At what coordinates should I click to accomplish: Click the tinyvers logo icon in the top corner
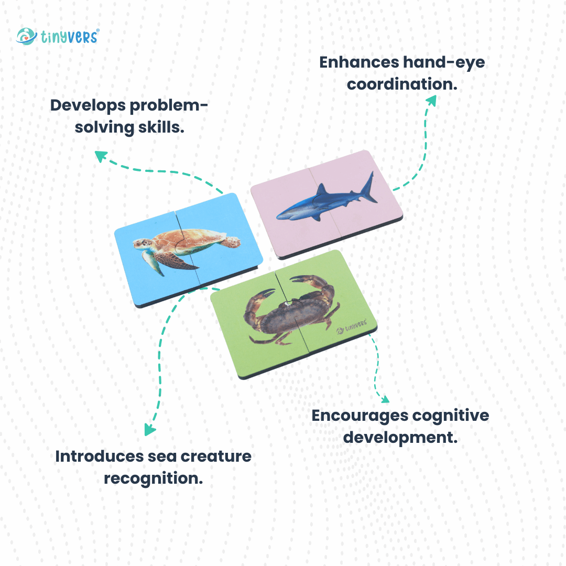(x=26, y=36)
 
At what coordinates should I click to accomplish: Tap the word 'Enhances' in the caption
(x=359, y=62)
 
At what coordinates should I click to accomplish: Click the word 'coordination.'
(x=402, y=84)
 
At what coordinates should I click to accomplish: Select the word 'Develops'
(x=88, y=106)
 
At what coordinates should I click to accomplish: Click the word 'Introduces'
(x=99, y=456)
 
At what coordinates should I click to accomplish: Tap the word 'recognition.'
(x=154, y=478)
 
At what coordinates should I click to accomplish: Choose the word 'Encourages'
(x=360, y=416)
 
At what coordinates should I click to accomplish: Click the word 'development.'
(x=400, y=438)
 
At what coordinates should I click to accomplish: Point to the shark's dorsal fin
(x=321, y=190)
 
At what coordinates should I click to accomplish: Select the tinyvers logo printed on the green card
(x=352, y=326)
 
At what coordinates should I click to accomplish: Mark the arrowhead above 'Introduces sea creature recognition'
(x=149, y=430)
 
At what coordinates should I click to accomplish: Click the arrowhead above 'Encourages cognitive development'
(x=385, y=399)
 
